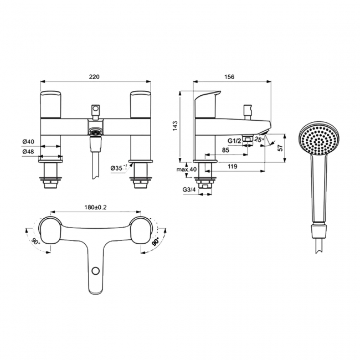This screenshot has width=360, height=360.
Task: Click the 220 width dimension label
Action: coord(94,77)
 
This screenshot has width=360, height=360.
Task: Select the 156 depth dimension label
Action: coord(232,78)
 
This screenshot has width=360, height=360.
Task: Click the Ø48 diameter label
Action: coord(29,151)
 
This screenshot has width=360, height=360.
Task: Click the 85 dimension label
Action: coord(226,150)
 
